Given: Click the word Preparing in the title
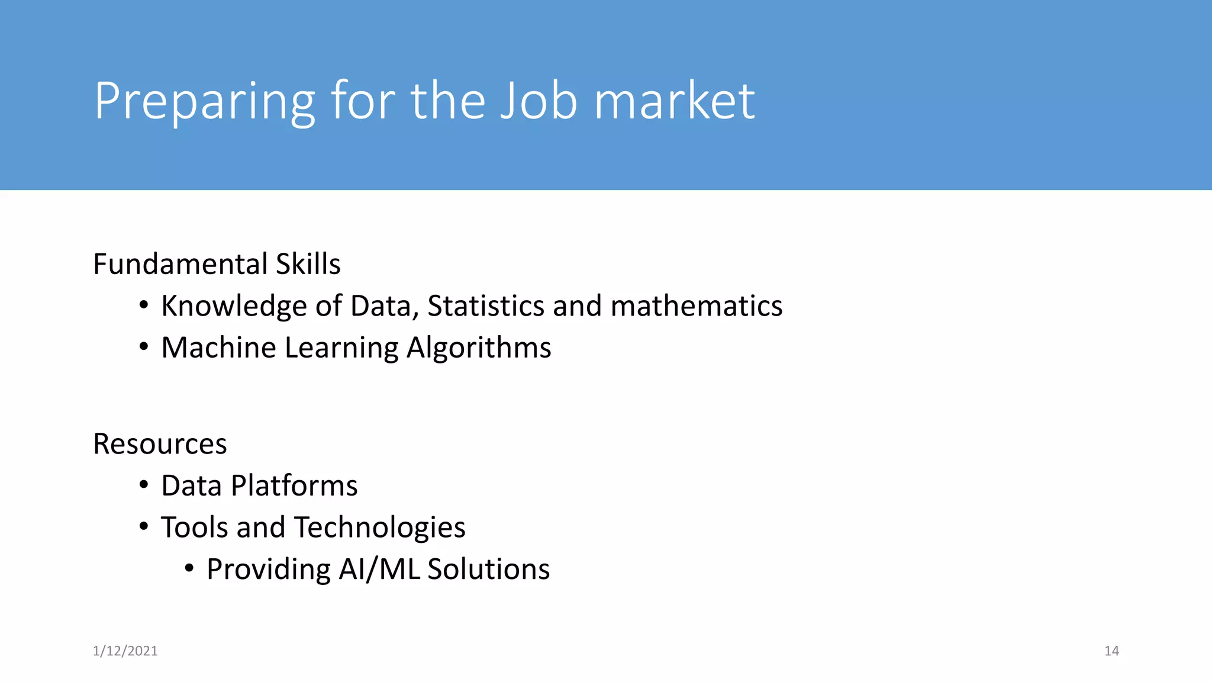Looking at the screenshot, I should point(205,102).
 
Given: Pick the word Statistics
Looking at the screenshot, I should point(486,306).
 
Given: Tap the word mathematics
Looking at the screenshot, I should point(697,306).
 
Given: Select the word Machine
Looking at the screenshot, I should point(218,348).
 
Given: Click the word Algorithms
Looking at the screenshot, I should point(479,348).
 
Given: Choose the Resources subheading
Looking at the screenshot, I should point(160,444).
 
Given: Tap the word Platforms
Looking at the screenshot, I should point(294,486).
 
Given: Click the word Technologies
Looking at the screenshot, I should point(380,527).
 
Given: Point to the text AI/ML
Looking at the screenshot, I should point(379,570).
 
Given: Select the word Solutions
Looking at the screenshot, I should point(489,570).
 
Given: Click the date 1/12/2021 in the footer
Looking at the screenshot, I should point(125,651).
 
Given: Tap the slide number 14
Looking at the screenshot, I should point(1111,651).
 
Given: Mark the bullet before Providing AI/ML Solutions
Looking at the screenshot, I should point(189,569).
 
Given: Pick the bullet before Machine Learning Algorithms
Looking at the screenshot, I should point(144,347).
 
